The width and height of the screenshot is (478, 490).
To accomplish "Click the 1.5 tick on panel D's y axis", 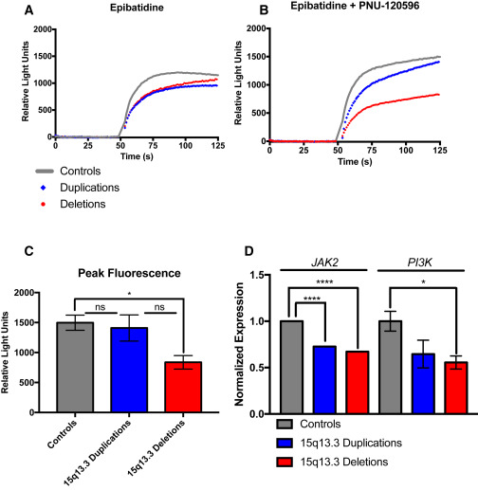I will tap(275, 276).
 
